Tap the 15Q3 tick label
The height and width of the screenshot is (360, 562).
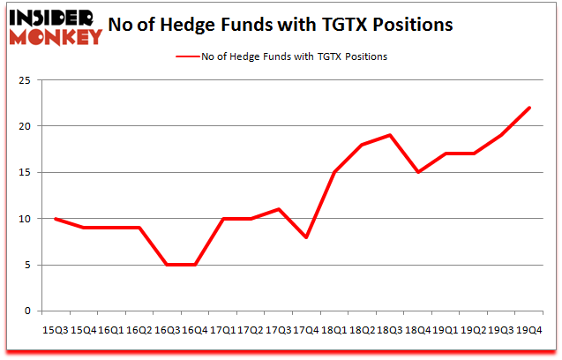[x=56, y=329]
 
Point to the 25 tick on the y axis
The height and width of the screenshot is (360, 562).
[x=26, y=80]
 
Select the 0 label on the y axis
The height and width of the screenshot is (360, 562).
[x=30, y=311]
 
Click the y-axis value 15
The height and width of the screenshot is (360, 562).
[x=26, y=172]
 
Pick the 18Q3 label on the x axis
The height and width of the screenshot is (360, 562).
[x=389, y=329]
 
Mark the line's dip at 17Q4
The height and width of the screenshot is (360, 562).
[x=306, y=237]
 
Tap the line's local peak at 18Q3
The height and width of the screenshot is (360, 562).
[x=389, y=135]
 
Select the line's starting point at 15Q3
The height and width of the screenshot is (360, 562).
[x=56, y=219]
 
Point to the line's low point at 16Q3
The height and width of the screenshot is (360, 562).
[x=167, y=265]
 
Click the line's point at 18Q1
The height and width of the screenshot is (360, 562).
[x=333, y=172]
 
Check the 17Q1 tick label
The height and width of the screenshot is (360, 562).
[x=222, y=329]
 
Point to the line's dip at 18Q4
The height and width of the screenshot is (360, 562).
[x=416, y=172]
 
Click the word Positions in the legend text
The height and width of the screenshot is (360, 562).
[x=364, y=56]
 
